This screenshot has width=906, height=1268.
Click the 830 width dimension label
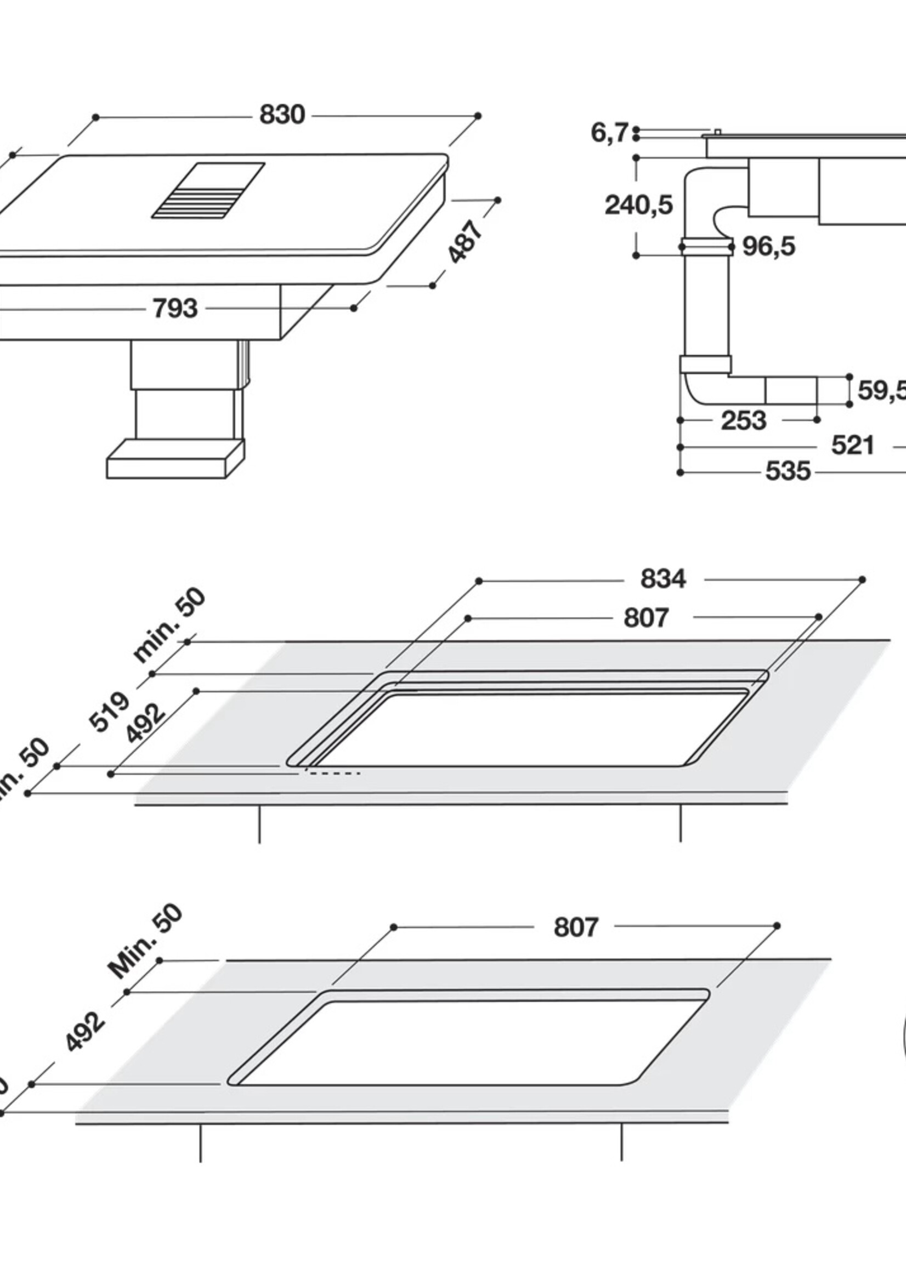[282, 115]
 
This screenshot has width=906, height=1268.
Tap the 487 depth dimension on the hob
[465, 242]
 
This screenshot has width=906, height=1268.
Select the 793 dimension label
[175, 308]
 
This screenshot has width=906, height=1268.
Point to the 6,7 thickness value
[609, 133]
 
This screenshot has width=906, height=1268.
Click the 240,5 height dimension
[639, 205]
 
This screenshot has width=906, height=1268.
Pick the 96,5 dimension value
[768, 246]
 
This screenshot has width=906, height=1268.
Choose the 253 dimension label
[743, 421]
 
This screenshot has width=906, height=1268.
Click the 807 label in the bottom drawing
[576, 928]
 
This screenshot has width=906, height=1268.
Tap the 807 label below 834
[645, 618]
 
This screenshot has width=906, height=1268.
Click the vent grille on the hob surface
[208, 190]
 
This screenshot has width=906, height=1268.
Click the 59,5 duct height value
[880, 391]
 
